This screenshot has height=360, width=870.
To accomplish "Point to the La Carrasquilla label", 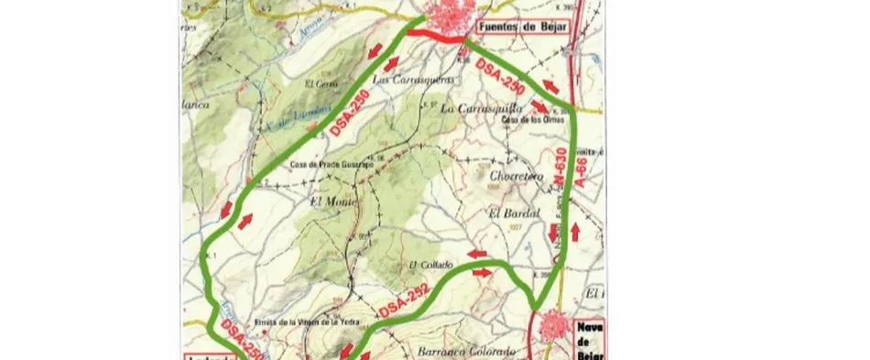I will coord(475,107).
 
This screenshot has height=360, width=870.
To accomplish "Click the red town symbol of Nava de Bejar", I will coord(552,329).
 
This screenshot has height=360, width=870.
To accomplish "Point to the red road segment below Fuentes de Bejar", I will coord(431,38).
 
